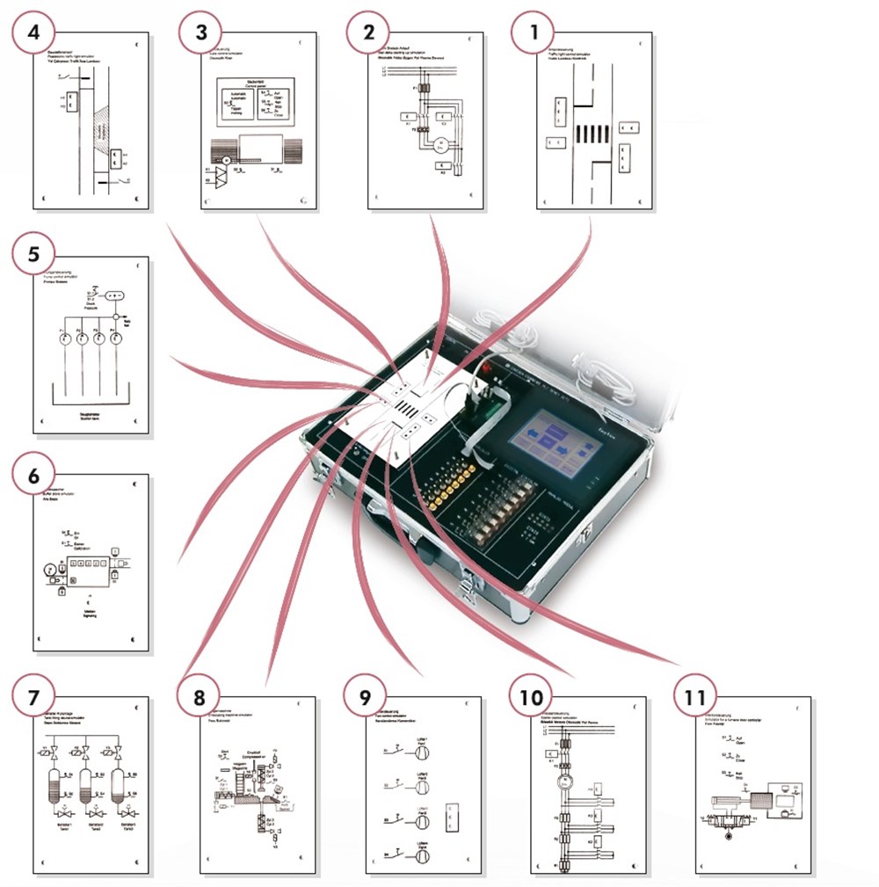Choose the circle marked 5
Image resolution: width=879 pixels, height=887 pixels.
33,258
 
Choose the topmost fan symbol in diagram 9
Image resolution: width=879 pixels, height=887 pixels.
422,752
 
